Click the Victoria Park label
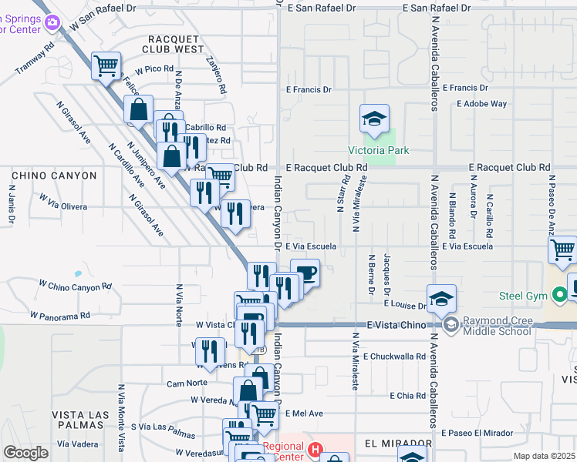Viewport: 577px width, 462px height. coord(378,150)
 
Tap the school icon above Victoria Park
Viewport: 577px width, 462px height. coord(373,119)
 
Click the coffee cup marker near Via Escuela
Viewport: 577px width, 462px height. coord(305,273)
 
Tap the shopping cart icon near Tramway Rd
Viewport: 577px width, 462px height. coord(106,65)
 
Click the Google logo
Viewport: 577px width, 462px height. coord(25,452)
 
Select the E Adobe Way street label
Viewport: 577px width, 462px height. coord(481,103)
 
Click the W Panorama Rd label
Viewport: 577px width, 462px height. coord(60,315)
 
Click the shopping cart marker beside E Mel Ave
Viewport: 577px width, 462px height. coord(265,413)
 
